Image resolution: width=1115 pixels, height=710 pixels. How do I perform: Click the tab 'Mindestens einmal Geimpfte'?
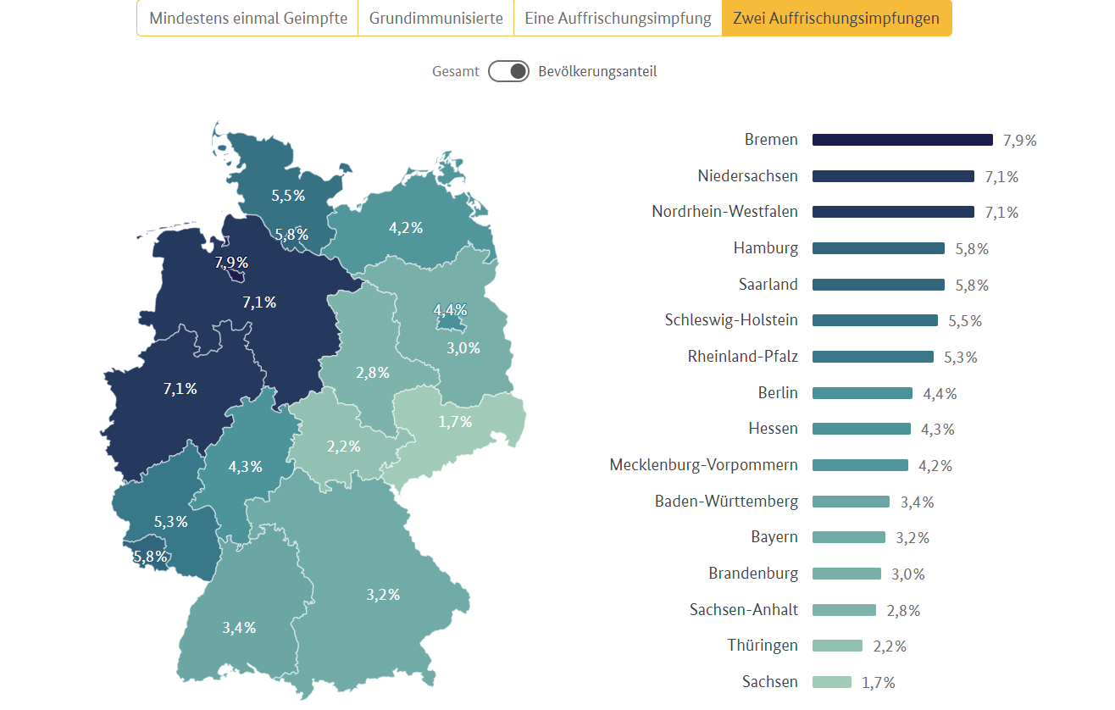coord(248,18)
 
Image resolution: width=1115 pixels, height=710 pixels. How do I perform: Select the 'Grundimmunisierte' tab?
coord(435,18)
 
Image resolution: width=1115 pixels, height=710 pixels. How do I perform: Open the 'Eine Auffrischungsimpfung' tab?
coord(618,18)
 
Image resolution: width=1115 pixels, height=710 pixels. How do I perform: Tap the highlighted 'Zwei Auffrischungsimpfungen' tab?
coord(836,18)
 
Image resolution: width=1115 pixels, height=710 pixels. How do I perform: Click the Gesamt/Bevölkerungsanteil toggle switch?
coord(508,71)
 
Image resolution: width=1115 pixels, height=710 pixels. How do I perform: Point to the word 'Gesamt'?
coord(455,71)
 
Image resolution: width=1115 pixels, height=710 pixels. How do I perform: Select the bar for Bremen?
coord(902,140)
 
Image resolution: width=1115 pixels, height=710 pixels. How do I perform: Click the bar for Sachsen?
coord(831,682)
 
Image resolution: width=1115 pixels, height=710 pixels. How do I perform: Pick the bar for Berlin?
coord(862,393)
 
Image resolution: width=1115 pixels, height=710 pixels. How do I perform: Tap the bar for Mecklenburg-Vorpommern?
coord(860,465)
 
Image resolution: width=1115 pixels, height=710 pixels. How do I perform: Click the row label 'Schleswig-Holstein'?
coord(731,320)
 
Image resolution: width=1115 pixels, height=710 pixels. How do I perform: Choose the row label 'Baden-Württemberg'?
coord(726,502)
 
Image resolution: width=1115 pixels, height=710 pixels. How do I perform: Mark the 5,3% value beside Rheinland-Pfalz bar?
coord(961,358)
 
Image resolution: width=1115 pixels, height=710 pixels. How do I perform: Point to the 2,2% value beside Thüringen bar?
coord(890,646)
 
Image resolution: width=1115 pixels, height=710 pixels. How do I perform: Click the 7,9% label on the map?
coord(231,262)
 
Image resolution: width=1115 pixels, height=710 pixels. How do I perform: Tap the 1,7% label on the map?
coord(455,421)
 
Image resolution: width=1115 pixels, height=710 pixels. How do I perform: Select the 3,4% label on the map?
coord(239,628)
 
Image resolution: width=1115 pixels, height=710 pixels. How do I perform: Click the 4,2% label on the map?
coord(406,227)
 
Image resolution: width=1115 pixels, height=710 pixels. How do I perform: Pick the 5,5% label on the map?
coord(288,195)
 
